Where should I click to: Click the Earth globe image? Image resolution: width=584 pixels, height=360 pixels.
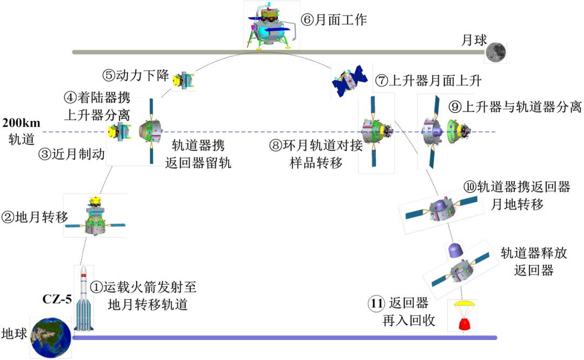pos(51,337)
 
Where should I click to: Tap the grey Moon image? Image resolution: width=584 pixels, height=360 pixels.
pos(496,52)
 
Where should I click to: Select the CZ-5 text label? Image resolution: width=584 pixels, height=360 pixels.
pos(57,298)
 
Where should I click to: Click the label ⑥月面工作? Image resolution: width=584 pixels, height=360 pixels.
pos(334,20)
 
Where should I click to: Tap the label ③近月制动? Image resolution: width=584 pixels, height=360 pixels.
pos(71,156)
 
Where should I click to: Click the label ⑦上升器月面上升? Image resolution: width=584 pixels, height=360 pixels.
pos(428,81)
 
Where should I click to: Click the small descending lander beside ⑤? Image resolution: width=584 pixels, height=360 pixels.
pos(183,80)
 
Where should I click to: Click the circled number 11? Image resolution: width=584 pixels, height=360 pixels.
pos(376,304)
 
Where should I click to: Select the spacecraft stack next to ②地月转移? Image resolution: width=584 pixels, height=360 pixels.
pos(96,215)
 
